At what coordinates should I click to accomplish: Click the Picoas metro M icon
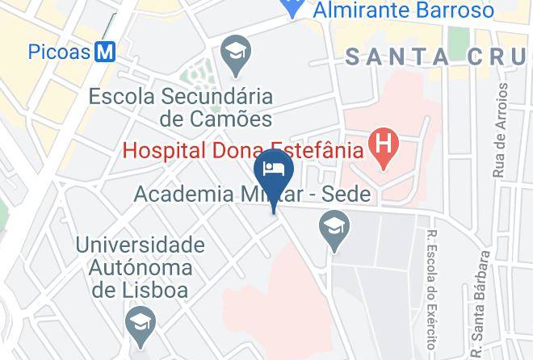[x=105, y=52]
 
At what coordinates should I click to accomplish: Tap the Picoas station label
[x=59, y=52]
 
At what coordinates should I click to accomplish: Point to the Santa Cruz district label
[x=437, y=57]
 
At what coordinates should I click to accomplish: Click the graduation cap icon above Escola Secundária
[x=236, y=54]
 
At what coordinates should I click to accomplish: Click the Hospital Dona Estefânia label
[x=241, y=149]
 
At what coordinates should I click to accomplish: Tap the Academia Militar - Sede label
[x=251, y=195]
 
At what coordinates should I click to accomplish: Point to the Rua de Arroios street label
[x=500, y=129]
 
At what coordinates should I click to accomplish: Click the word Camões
[x=230, y=119]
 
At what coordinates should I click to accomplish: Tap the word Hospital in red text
[x=162, y=149]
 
